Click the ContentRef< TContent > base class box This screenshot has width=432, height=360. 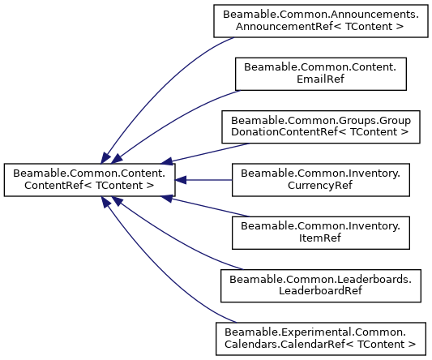[89, 180]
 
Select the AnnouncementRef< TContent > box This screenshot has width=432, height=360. [321, 21]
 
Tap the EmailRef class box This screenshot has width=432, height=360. [321, 74]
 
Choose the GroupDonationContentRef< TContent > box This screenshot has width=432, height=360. [321, 126]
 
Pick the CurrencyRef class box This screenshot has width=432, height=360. [321, 180]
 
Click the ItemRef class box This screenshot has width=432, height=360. [321, 233]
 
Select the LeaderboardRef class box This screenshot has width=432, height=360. [321, 286]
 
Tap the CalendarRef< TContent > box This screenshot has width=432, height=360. [321, 339]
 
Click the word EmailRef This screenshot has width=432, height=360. [320, 79]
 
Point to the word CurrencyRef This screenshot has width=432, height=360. [320, 186]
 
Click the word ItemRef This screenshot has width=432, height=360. [320, 238]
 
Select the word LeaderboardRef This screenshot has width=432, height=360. [320, 291]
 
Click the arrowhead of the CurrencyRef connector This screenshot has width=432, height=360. [181, 180]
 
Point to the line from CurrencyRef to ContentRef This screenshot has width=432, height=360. [203, 180]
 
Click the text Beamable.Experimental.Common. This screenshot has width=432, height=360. [315, 332]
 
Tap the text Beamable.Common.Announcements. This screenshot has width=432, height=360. [321, 15]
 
